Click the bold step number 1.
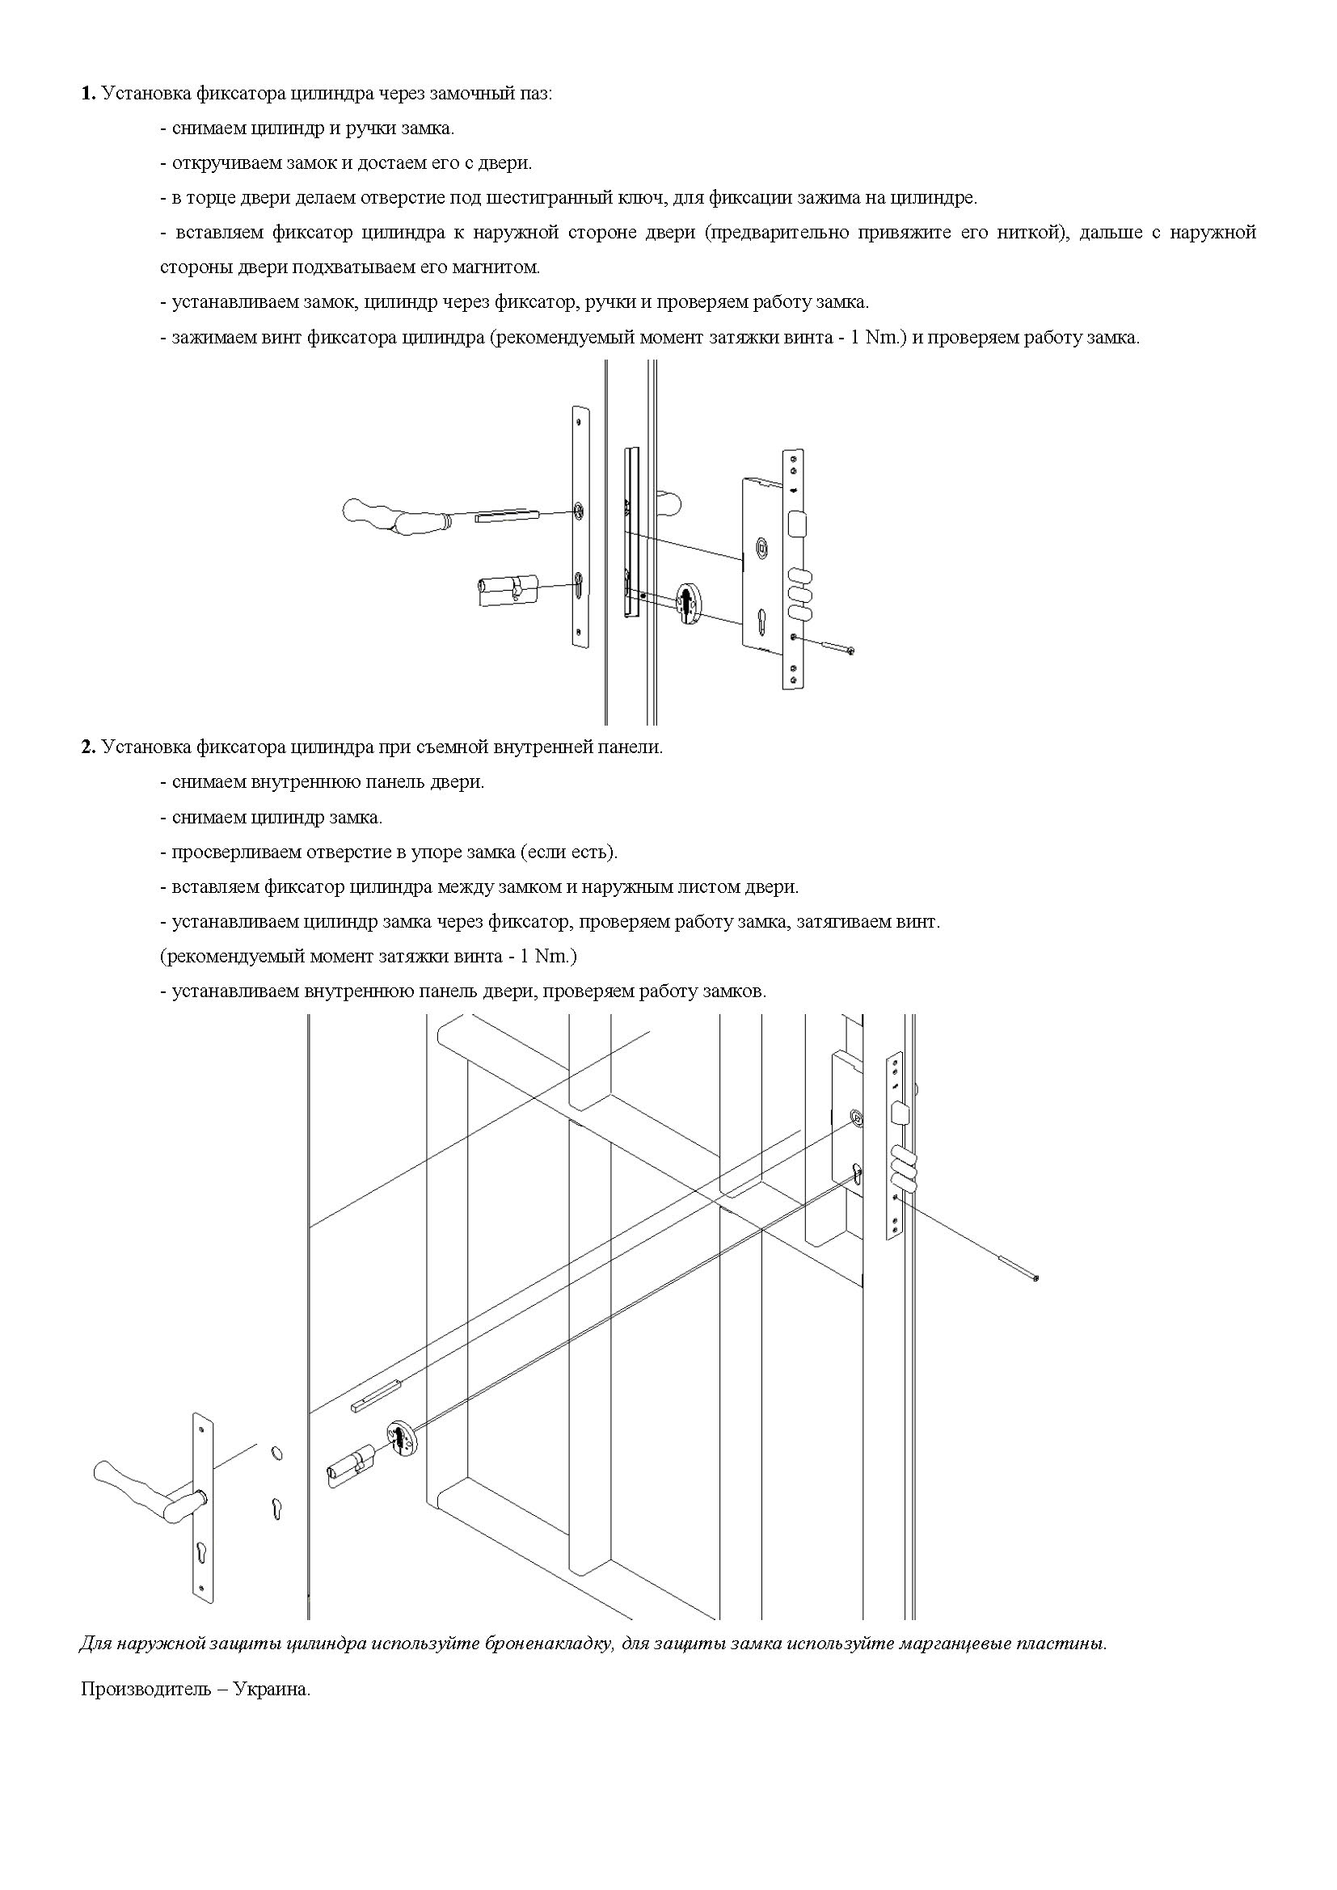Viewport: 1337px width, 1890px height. [x=88, y=94]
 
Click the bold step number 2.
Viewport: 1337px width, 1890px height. [x=88, y=747]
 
